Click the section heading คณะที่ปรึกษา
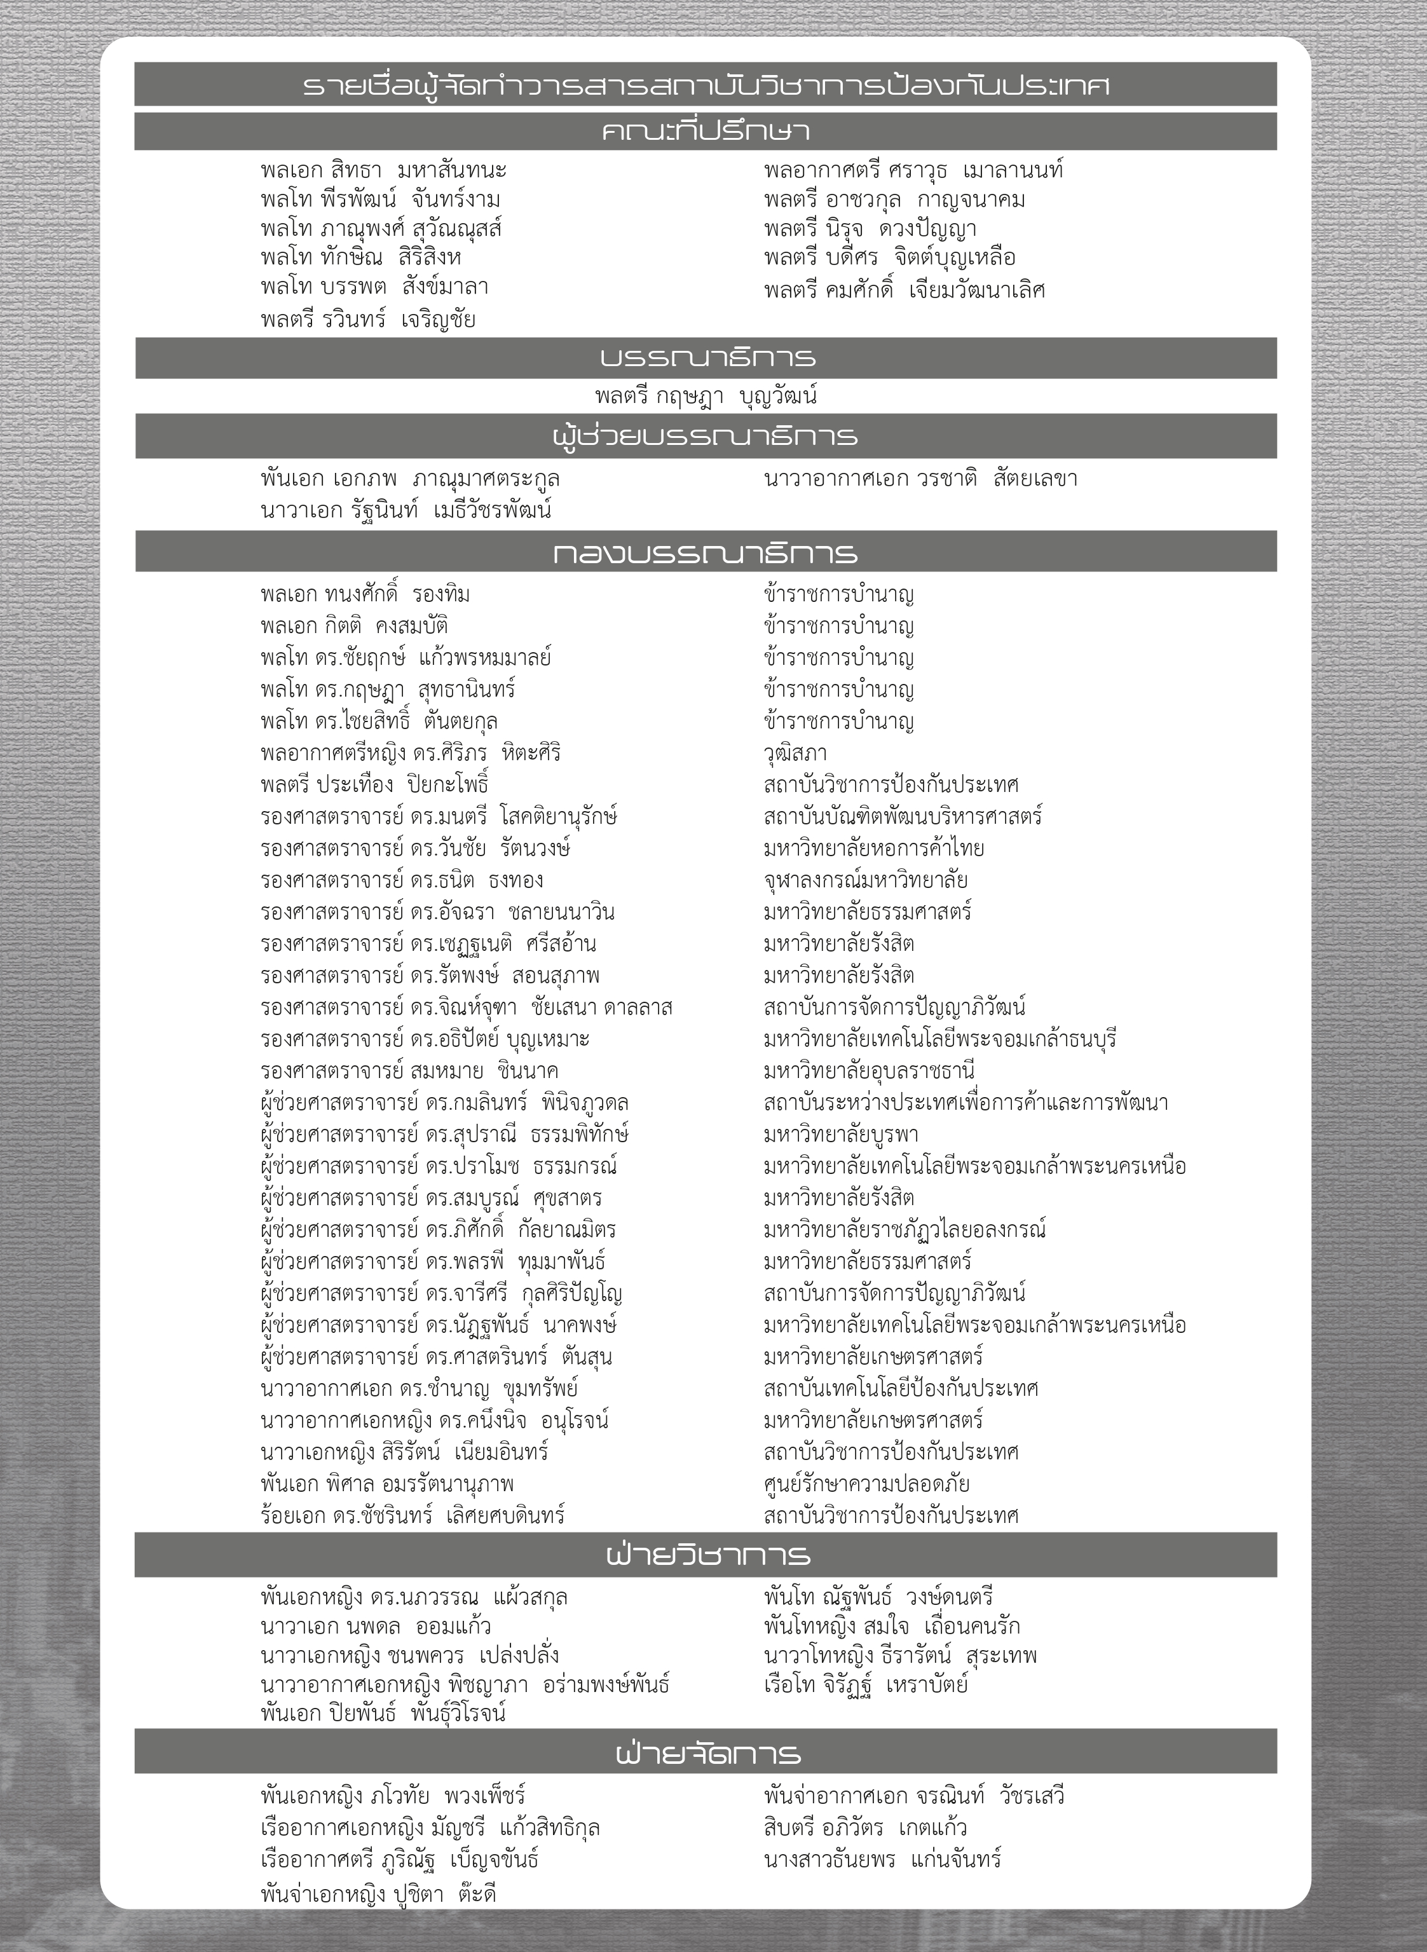click(705, 132)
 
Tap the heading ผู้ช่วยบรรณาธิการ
click(705, 436)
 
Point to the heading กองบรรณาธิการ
click(705, 553)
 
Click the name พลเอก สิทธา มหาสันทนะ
click(383, 170)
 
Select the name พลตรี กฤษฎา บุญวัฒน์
click(706, 397)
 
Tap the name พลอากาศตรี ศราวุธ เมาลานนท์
click(913, 170)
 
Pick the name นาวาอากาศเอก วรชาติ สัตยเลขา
click(920, 479)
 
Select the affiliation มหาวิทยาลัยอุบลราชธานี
click(869, 1071)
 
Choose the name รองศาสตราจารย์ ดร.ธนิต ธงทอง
click(402, 880)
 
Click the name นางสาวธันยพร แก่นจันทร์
click(882, 1859)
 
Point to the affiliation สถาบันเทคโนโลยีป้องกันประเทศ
click(901, 1389)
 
